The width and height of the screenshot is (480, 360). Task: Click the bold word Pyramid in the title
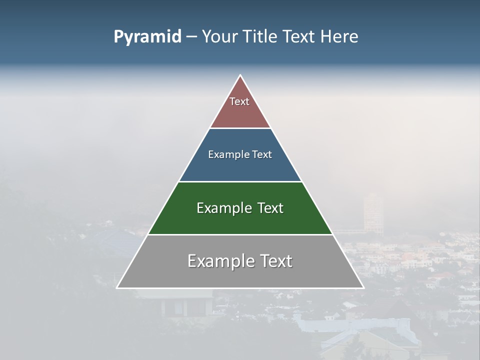pos(147,37)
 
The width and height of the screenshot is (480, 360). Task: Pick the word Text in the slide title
pos(299,37)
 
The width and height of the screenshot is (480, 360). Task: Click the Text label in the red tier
pos(239,101)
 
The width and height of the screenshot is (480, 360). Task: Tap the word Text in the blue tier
pos(262,154)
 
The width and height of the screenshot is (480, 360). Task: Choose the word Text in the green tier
pos(270,208)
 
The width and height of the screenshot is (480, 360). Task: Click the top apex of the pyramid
pos(240,75)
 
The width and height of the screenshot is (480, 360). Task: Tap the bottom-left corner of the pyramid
pos(117,287)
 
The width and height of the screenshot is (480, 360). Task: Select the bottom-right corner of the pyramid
pos(363,287)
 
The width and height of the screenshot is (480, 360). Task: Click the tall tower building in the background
pos(373,212)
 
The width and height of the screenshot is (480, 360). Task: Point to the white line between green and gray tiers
pos(240,234)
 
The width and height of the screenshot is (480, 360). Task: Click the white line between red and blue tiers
pos(240,128)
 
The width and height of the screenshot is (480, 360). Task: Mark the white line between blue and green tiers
pos(240,181)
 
